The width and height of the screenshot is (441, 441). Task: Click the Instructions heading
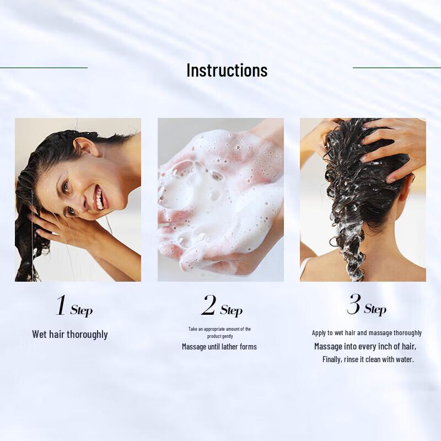pyautogui.click(x=227, y=71)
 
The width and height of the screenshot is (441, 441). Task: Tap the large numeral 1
pyautogui.click(x=61, y=306)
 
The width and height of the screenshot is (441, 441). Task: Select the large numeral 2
pyautogui.click(x=208, y=306)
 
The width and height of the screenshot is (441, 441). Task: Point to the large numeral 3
pyautogui.click(x=353, y=304)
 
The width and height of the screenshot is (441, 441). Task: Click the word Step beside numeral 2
pyautogui.click(x=232, y=310)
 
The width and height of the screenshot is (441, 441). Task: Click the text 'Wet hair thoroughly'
pyautogui.click(x=70, y=335)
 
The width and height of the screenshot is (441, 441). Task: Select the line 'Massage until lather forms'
pyautogui.click(x=219, y=347)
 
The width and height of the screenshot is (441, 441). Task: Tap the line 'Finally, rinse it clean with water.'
pyautogui.click(x=368, y=359)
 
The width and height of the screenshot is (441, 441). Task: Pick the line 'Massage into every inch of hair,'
pyautogui.click(x=365, y=346)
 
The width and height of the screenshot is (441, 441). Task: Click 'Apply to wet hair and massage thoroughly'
pyautogui.click(x=367, y=333)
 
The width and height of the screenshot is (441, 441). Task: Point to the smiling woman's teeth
pyautogui.click(x=98, y=197)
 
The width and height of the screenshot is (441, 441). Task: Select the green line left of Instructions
pyautogui.click(x=44, y=68)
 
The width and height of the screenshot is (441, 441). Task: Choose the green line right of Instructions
pyautogui.click(x=396, y=68)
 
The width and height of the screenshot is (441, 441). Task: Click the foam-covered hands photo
pyautogui.click(x=220, y=200)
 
